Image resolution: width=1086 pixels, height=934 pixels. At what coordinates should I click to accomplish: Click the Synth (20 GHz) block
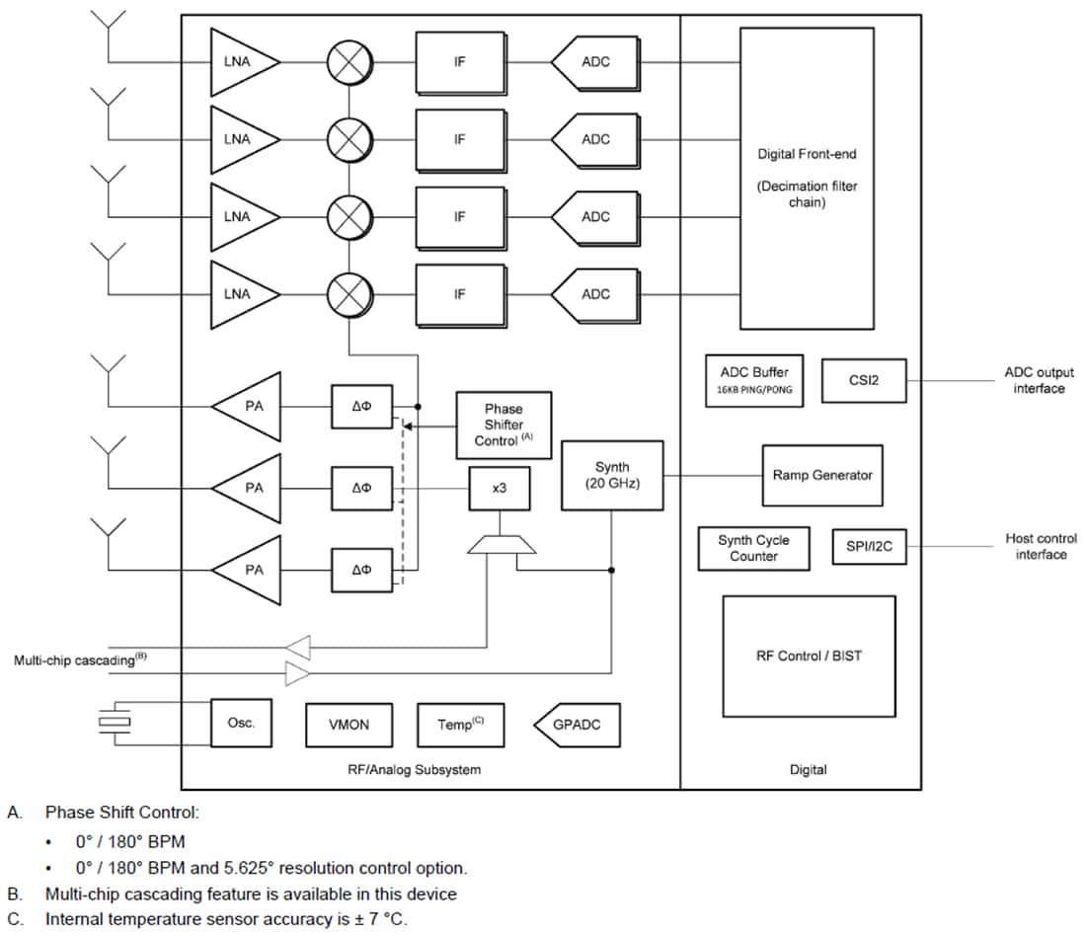(x=611, y=475)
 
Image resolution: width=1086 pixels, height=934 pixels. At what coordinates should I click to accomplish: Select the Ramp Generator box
(x=821, y=475)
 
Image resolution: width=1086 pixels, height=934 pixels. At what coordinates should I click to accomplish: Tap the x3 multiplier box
(x=499, y=488)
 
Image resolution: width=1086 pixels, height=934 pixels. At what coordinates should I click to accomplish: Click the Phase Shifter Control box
(x=504, y=425)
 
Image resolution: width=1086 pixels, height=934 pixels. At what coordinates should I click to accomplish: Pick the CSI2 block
(x=862, y=380)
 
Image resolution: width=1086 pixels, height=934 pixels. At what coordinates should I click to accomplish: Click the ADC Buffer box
(x=754, y=380)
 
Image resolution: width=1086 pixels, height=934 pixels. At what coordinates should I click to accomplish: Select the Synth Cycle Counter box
(x=753, y=548)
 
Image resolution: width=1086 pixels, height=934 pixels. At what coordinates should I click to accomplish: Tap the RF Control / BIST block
(x=808, y=656)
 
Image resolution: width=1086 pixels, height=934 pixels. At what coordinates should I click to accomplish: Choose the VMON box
(x=349, y=725)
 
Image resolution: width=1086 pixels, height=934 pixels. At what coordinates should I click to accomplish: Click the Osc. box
(x=241, y=723)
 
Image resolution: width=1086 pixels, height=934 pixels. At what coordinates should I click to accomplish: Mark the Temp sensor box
(x=460, y=725)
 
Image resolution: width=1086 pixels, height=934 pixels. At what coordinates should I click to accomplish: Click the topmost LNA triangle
(x=241, y=61)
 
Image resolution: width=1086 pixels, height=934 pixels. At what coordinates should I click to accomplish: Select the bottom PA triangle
(x=250, y=570)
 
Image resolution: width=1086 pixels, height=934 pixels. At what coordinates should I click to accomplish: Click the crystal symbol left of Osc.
(x=115, y=723)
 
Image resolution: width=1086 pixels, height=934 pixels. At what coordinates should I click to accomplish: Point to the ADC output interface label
(x=1039, y=380)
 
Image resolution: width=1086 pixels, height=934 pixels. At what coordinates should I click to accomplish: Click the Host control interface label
(x=1041, y=546)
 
